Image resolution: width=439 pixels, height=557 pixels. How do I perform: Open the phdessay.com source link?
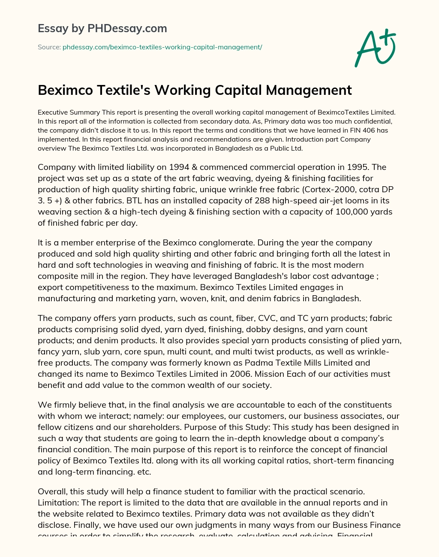(162, 47)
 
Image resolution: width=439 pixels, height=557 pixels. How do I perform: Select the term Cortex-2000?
(325, 189)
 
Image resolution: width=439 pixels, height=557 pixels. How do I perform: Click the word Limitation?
(57, 503)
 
